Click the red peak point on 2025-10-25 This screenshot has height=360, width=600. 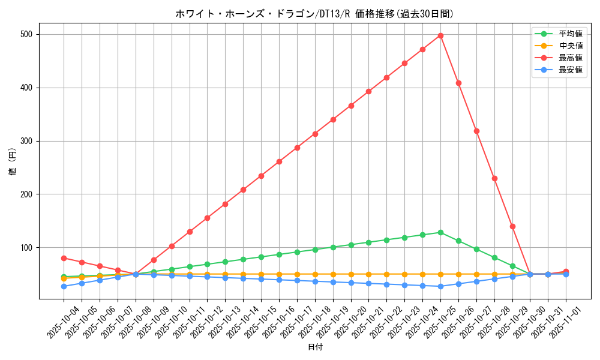[x=440, y=35]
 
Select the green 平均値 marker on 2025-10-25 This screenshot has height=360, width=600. [x=440, y=232]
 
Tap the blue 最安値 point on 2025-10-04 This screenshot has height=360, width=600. [x=64, y=286]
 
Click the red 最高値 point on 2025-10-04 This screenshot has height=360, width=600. [x=64, y=258]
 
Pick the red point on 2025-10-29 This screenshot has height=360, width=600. [x=512, y=226]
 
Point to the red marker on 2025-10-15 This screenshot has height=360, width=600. [x=261, y=176]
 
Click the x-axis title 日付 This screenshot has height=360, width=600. [x=315, y=347]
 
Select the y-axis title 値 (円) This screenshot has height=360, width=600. [x=13, y=161]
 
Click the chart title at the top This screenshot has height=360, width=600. [x=314, y=14]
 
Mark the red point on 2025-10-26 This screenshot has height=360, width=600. [x=458, y=83]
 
